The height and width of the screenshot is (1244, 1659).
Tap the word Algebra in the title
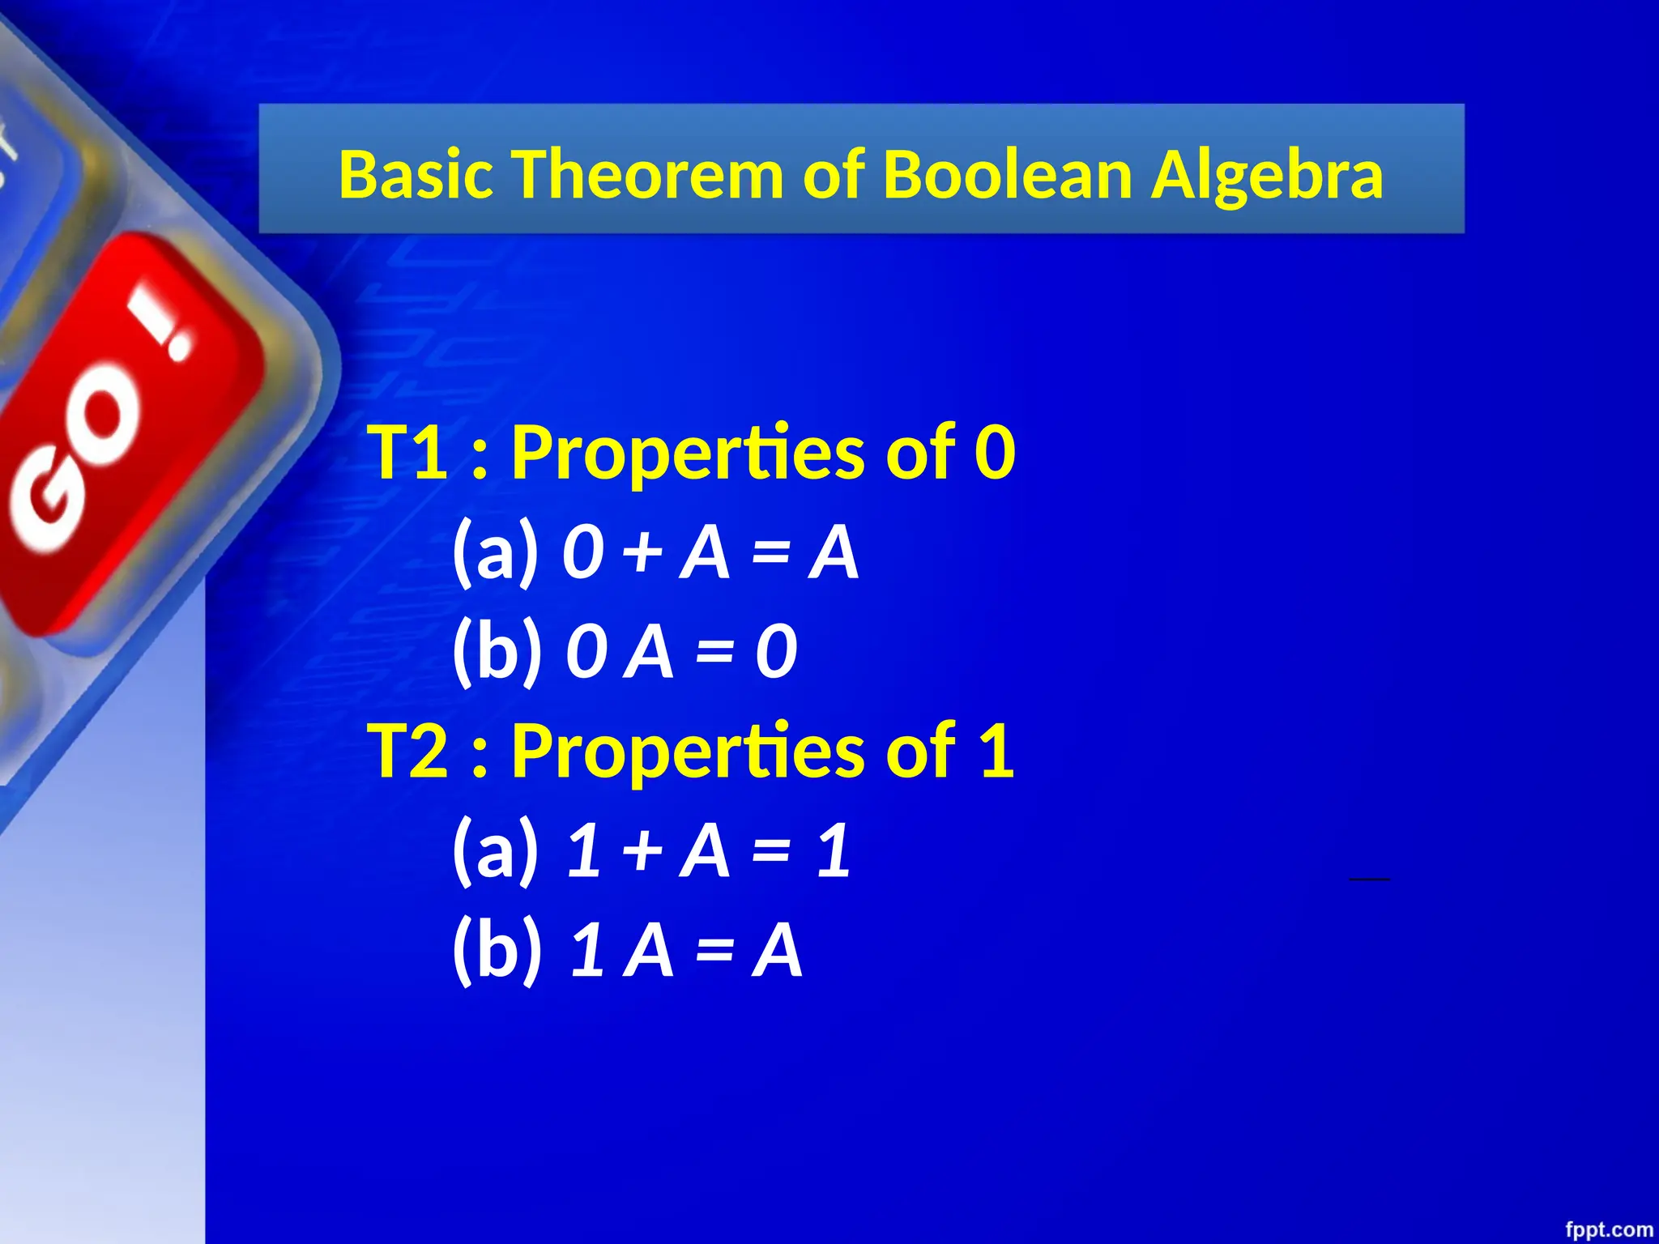(x=1267, y=177)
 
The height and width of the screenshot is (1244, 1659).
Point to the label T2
(x=408, y=751)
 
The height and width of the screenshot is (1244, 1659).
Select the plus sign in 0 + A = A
(x=643, y=552)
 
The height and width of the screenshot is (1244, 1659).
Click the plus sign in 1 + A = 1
(x=643, y=850)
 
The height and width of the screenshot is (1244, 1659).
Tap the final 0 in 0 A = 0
(x=776, y=652)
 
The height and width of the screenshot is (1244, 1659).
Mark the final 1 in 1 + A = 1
(x=834, y=850)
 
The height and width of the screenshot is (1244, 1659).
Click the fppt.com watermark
(x=1609, y=1229)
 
